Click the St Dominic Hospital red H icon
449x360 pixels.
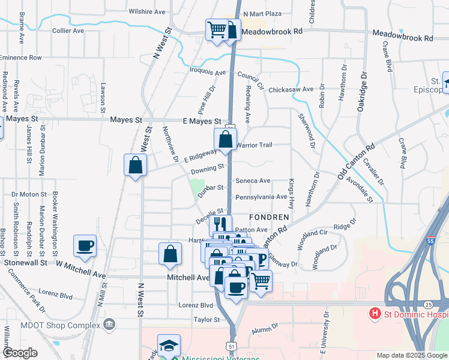tap(375, 313)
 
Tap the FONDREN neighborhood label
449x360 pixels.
tap(270, 216)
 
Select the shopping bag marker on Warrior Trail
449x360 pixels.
tap(225, 140)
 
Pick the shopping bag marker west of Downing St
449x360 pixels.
tap(135, 165)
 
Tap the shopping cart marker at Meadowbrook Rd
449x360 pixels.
tap(217, 29)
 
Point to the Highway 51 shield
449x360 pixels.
tap(232, 346)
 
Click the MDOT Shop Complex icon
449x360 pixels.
tap(109, 325)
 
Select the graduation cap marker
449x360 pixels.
tap(169, 345)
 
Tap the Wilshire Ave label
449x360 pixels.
tap(146, 11)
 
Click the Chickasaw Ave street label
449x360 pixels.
tap(291, 89)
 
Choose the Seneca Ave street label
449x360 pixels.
tap(253, 181)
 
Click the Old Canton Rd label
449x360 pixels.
tap(356, 161)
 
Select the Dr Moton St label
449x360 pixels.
tap(29, 194)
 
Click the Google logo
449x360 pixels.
tap(20, 353)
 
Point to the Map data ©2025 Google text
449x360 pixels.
tap(412, 355)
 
